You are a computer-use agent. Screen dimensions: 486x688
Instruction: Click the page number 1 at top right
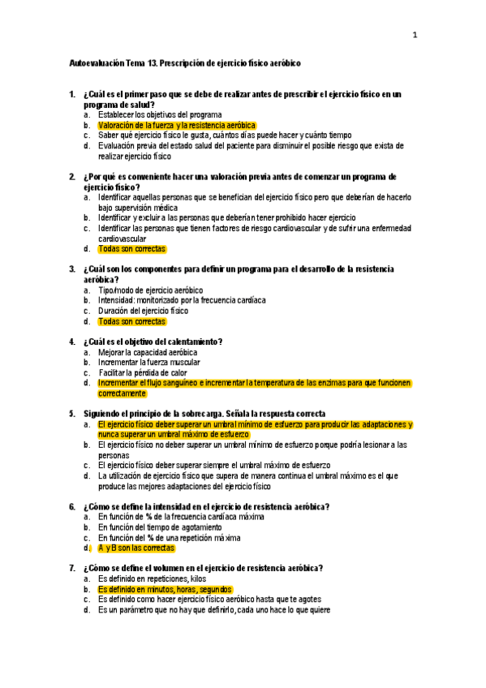click(x=415, y=35)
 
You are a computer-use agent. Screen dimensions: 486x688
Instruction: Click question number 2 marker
click(x=72, y=176)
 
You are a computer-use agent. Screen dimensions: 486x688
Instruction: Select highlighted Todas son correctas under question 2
click(x=131, y=248)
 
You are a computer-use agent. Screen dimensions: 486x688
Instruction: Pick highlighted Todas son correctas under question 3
click(x=131, y=321)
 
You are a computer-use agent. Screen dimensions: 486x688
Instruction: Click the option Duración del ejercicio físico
click(x=143, y=311)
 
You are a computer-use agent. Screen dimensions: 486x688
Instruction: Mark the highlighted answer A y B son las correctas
click(x=136, y=548)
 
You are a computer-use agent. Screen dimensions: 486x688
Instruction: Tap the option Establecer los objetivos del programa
click(x=159, y=115)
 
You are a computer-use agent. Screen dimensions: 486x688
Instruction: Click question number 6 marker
click(x=72, y=507)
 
